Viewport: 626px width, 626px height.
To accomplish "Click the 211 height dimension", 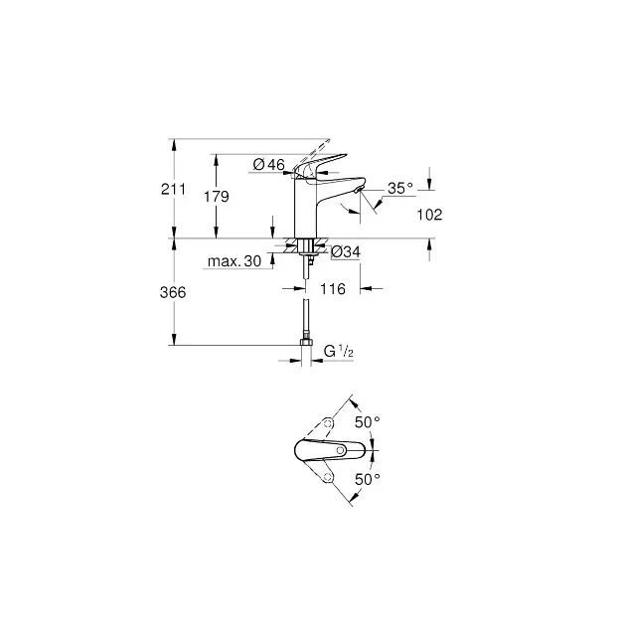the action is click(x=173, y=189).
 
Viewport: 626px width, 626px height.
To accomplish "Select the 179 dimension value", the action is click(x=217, y=197).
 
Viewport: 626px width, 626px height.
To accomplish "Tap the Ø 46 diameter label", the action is click(x=269, y=164).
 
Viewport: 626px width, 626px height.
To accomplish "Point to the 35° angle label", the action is click(x=400, y=188).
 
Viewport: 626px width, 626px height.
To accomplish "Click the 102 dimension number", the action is click(x=429, y=215).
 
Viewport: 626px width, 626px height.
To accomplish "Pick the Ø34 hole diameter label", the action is click(x=346, y=252).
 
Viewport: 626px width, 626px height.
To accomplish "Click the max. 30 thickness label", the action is click(x=235, y=261).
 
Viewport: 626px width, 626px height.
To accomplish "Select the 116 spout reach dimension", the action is click(x=333, y=288).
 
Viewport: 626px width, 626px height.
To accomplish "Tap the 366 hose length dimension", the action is click(x=173, y=293).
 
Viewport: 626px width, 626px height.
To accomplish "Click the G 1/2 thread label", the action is click(x=339, y=352).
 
